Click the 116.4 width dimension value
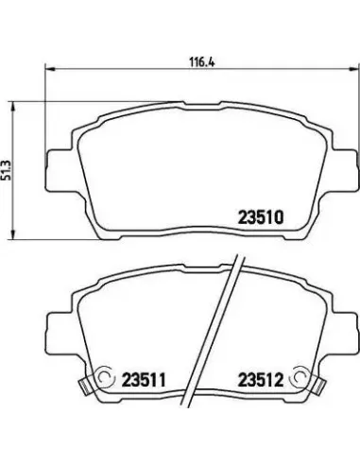point(201,61)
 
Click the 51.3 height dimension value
point(7,170)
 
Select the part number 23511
point(144,380)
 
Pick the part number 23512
point(261,380)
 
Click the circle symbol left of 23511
point(104,376)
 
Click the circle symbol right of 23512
point(300,376)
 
